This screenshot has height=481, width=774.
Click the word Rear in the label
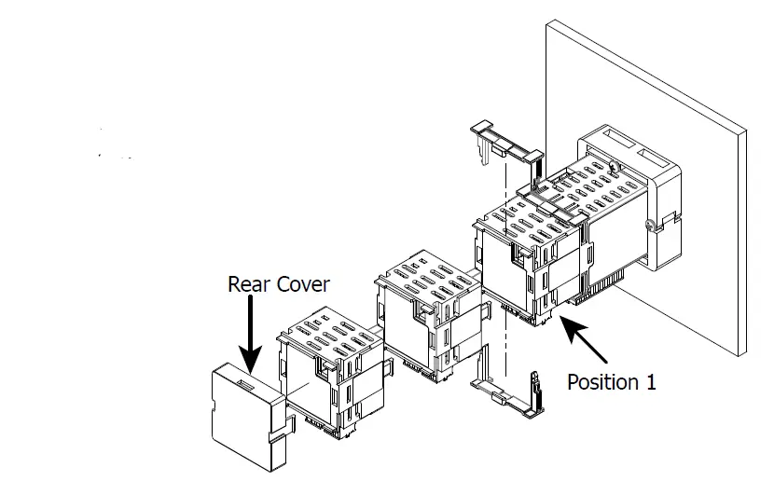pos(249,284)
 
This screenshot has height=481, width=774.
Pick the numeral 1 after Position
pos(650,382)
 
